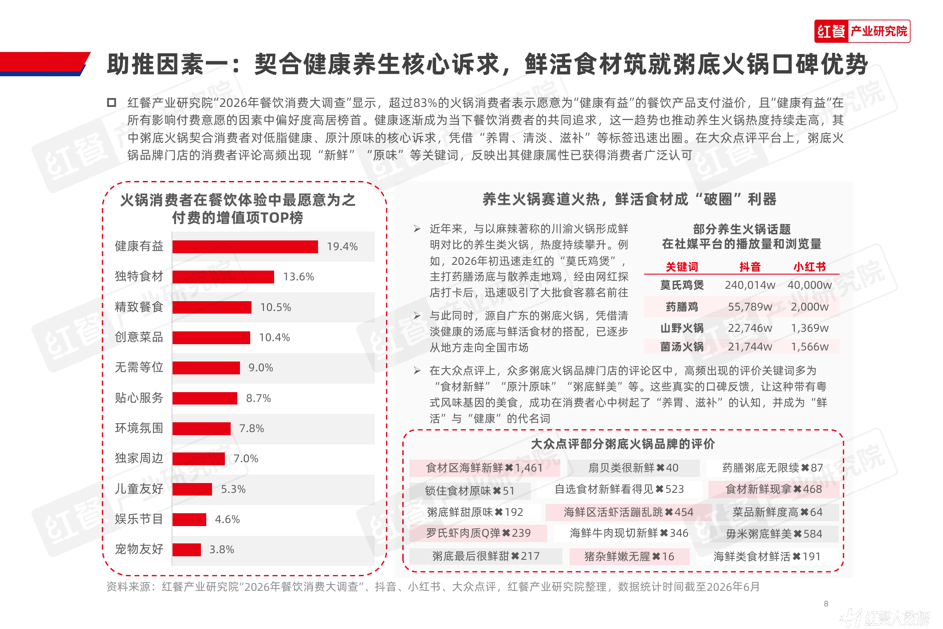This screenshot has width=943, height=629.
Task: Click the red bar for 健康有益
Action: click(x=245, y=247)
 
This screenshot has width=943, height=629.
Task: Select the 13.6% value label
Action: click(x=299, y=277)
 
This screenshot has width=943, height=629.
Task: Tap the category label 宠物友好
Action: click(x=139, y=549)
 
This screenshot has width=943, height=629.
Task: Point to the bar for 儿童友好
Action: click(x=192, y=489)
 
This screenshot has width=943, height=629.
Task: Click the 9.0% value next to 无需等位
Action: click(x=261, y=368)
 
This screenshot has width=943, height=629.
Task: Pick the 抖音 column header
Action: click(x=750, y=267)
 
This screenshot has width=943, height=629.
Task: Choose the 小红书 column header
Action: click(x=809, y=267)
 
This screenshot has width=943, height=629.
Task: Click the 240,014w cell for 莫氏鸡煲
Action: click(x=750, y=285)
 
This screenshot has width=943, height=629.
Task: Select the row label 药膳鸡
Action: click(x=682, y=307)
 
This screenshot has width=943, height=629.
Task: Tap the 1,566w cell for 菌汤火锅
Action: click(x=809, y=347)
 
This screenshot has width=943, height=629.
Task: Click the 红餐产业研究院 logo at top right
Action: click(x=862, y=31)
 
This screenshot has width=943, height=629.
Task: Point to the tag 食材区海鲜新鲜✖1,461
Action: click(x=484, y=468)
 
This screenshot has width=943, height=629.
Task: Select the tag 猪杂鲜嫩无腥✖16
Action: click(x=629, y=557)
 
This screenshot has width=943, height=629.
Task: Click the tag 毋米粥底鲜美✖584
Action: click(x=774, y=534)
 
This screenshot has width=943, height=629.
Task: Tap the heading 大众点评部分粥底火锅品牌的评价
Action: click(x=623, y=444)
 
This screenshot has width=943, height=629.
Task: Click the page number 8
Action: click(x=826, y=604)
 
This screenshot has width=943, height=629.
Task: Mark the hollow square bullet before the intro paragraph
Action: click(x=111, y=102)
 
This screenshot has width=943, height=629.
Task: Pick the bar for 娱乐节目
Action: click(x=189, y=519)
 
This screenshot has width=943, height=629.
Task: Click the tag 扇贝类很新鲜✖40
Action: click(x=633, y=468)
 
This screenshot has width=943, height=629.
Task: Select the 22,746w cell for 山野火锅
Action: click(x=750, y=328)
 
